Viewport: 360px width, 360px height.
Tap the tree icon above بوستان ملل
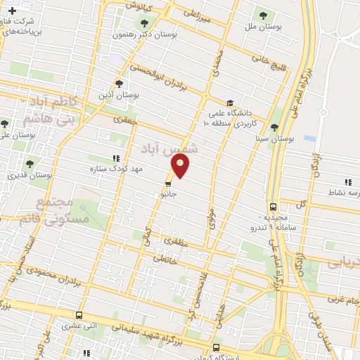coord(263,14)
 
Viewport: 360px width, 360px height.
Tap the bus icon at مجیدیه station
coord(273,207)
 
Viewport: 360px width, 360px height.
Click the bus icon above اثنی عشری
coord(78,316)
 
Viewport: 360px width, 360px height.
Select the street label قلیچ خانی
coord(261,63)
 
